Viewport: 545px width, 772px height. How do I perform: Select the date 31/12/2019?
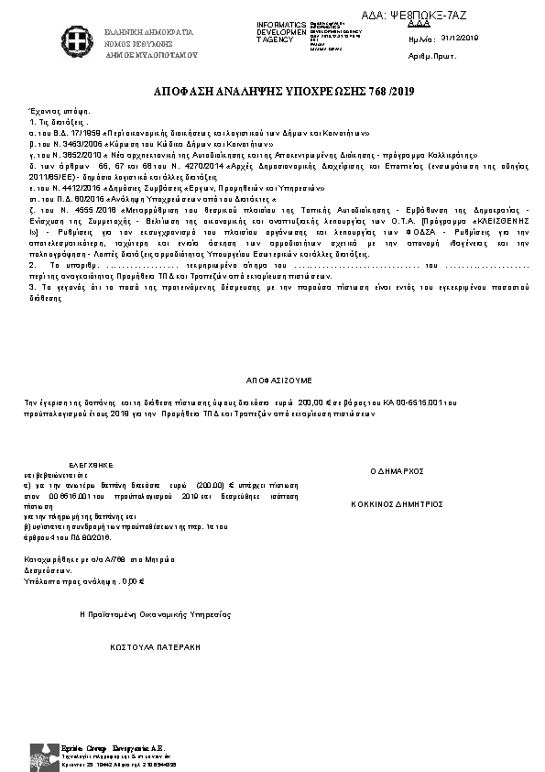coord(460,39)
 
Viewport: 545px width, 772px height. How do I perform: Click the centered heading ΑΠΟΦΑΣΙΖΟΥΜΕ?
coord(278,378)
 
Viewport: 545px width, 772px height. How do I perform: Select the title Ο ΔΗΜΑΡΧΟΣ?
coord(397,469)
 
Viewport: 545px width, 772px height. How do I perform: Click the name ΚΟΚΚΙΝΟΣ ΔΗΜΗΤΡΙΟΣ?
coord(398,503)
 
